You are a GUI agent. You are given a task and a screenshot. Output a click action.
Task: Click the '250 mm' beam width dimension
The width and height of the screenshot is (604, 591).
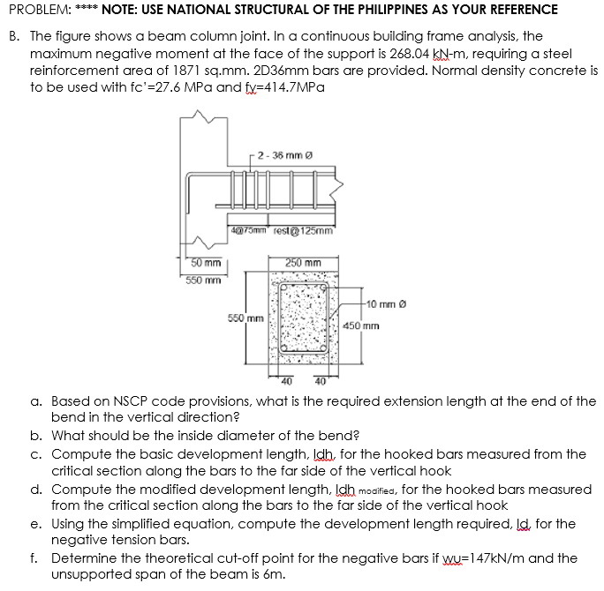coord(303,262)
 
